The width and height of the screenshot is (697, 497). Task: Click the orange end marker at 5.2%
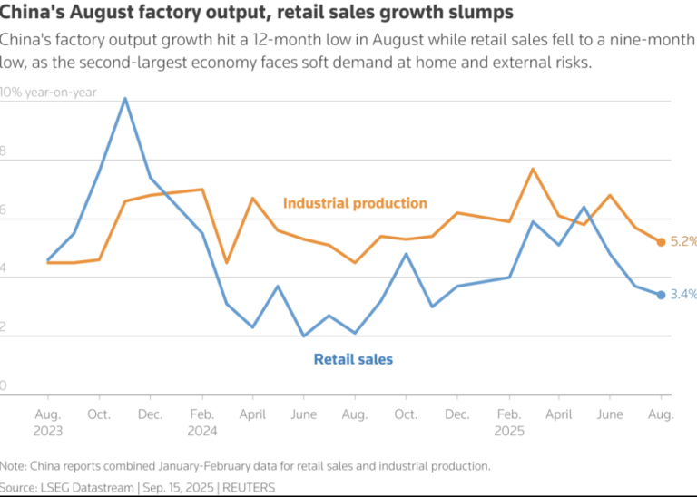662,242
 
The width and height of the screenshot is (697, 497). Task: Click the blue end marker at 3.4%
662,295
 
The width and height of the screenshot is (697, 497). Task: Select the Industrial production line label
355,203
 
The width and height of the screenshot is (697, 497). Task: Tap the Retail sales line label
353,359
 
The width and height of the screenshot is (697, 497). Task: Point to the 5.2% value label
683,242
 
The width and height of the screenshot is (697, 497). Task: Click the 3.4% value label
683,295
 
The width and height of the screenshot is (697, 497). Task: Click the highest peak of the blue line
124,98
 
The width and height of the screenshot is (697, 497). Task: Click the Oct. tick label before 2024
99,414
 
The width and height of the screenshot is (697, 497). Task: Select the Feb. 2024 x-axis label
201,422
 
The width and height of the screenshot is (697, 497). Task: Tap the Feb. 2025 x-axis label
508,422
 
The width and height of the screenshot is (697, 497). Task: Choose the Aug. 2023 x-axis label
48,422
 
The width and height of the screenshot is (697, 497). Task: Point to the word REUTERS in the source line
247,487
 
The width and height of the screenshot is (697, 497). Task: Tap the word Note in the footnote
15,466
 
